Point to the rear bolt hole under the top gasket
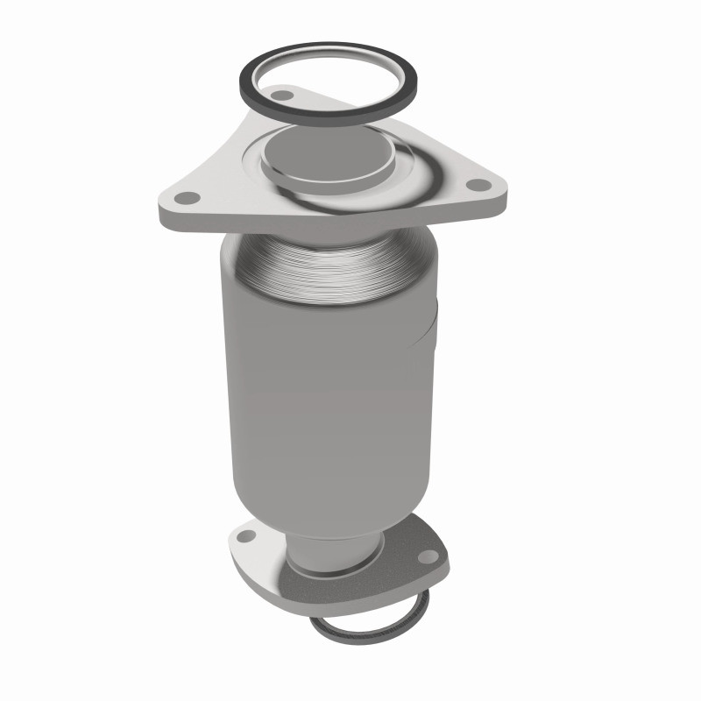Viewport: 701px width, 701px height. pos(282,92)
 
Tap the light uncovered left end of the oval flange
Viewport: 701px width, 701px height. pos(241,548)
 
